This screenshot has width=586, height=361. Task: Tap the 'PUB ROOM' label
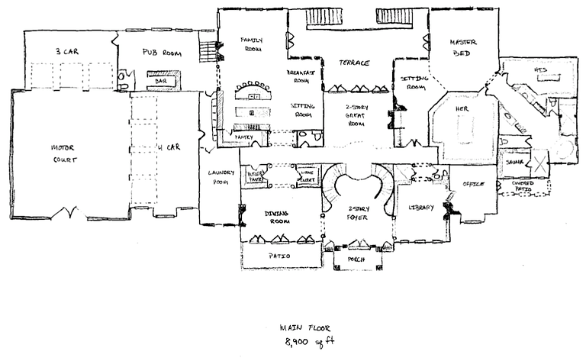click(159, 53)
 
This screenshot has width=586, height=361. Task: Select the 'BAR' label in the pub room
click(161, 79)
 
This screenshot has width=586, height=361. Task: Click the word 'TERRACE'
click(355, 63)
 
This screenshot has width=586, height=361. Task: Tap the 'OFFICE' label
click(472, 184)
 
